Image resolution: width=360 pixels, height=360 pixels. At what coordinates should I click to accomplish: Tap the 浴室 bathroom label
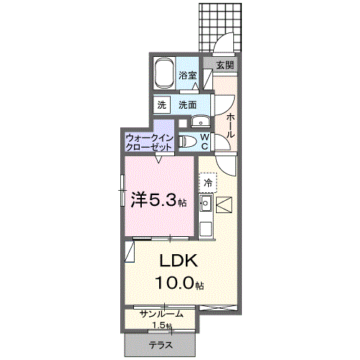click(188, 75)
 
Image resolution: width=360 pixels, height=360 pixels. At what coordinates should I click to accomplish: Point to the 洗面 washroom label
click(188, 104)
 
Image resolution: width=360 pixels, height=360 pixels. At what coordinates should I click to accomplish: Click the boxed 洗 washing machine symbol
click(162, 104)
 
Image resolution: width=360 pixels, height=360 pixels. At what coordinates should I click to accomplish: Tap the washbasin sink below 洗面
click(200, 121)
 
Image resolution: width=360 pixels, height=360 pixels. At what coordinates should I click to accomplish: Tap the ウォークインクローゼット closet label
click(148, 141)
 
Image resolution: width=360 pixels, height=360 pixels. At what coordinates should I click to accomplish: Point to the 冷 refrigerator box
click(208, 183)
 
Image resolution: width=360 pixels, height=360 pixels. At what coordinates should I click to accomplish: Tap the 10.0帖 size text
click(178, 283)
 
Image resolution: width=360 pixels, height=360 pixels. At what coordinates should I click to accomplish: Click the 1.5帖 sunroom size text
click(161, 325)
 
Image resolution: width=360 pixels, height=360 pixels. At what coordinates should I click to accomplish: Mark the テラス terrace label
click(161, 346)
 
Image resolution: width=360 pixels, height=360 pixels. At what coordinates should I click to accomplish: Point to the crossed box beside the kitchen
click(224, 206)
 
